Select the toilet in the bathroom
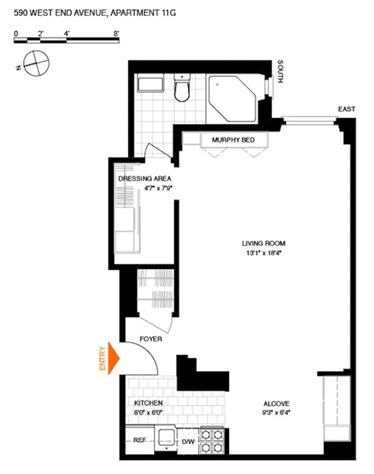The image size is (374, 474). pyautogui.click(x=182, y=89)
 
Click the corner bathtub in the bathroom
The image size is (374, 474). pyautogui.click(x=234, y=98)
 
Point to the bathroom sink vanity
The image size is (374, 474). pyautogui.click(x=151, y=85)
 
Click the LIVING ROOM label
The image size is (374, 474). pyautogui.click(x=259, y=244)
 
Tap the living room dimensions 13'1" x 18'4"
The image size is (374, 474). pyautogui.click(x=259, y=253)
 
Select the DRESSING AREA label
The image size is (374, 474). pyautogui.click(x=144, y=179)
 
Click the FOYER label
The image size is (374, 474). pyautogui.click(x=151, y=339)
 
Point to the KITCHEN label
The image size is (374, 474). pyautogui.click(x=148, y=403)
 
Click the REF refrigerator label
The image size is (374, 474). pyautogui.click(x=139, y=441)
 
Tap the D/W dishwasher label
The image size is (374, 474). pyautogui.click(x=188, y=441)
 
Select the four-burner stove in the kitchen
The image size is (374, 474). pyautogui.click(x=213, y=440)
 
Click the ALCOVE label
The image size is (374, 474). pyautogui.click(x=277, y=403)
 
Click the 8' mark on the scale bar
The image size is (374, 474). pyautogui.click(x=116, y=33)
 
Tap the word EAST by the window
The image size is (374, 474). pyautogui.click(x=346, y=109)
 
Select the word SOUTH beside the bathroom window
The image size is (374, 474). pyautogui.click(x=281, y=70)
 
